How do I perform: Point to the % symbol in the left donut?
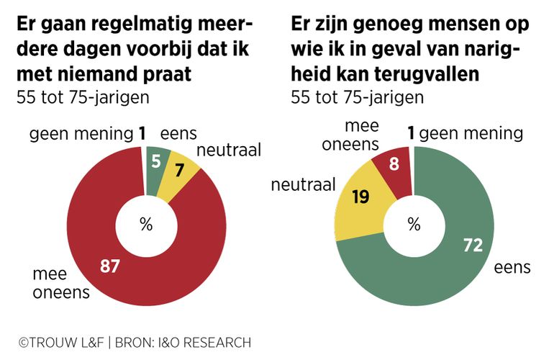coord(146,225)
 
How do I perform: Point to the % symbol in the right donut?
coord(414,225)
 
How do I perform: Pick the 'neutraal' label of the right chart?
coord(304,185)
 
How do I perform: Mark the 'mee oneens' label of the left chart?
coord(62,282)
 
